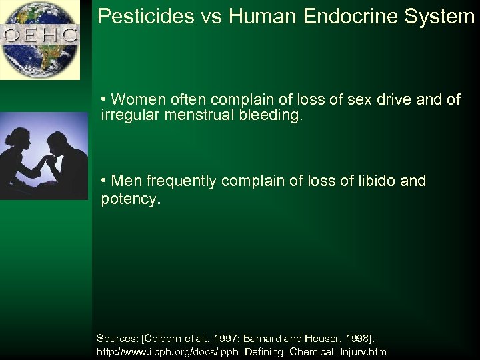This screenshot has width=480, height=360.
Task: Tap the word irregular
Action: [129, 116]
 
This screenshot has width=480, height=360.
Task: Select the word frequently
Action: [179, 181]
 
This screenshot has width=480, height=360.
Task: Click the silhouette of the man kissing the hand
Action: [67, 160]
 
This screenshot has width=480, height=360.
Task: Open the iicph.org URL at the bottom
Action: [241, 351]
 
